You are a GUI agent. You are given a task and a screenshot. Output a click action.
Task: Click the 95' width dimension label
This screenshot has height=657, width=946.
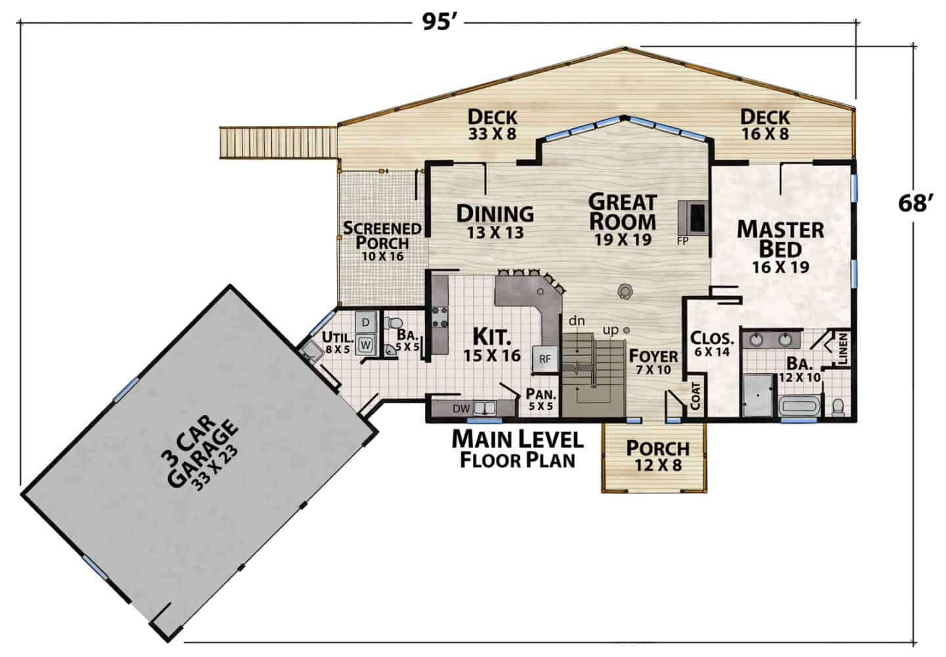(440, 22)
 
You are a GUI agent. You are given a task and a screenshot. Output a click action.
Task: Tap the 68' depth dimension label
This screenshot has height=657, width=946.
(914, 204)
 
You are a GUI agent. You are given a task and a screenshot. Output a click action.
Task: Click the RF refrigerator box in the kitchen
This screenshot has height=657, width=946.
(545, 359)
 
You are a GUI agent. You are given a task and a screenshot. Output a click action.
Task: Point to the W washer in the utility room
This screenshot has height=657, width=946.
(366, 345)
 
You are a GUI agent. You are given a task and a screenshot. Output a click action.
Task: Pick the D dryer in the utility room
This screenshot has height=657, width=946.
(366, 322)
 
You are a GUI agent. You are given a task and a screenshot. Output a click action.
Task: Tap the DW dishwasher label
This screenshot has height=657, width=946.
(461, 409)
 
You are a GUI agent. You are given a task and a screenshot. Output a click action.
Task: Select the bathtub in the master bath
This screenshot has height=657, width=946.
(800, 406)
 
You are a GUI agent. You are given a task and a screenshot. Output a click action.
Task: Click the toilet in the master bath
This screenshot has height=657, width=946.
(838, 407)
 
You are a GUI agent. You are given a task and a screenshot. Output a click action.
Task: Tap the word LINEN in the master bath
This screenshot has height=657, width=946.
(842, 349)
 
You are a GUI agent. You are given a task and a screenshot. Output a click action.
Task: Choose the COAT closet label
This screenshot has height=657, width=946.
(696, 396)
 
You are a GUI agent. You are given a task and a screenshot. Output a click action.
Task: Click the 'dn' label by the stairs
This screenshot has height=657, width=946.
(577, 321)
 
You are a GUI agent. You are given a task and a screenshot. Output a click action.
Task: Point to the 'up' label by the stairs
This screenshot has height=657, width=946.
(611, 330)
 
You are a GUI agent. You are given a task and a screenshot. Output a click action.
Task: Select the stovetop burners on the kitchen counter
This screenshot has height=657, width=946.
(439, 317)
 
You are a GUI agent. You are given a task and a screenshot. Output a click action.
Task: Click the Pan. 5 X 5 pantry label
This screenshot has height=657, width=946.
(541, 399)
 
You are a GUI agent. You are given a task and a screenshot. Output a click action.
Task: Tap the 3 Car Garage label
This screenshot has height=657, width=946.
(200, 453)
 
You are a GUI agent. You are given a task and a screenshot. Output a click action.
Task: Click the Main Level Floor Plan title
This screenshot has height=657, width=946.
(518, 449)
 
